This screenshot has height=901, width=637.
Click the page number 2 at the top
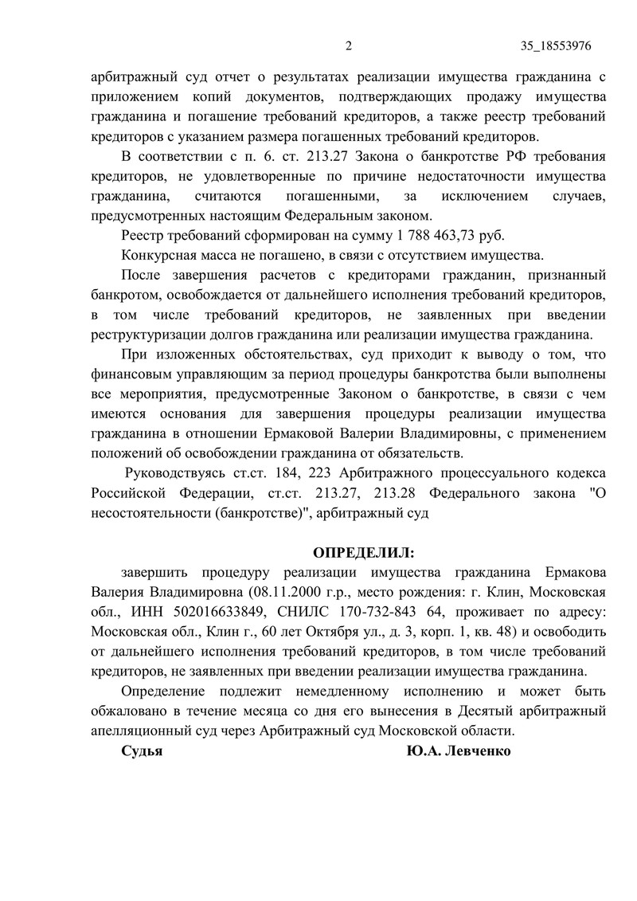click(349, 45)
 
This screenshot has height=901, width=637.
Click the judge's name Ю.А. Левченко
click(457, 751)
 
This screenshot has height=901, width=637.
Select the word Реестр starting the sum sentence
click(142, 236)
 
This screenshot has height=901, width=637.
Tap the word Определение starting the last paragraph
click(162, 691)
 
